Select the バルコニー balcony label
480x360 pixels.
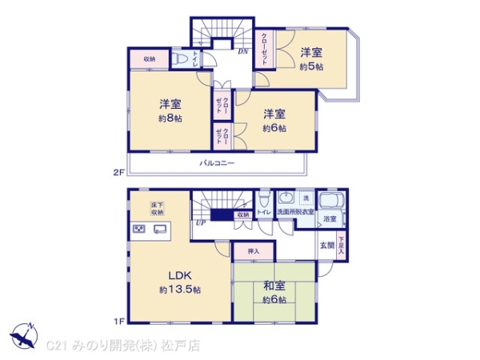tap(217, 163)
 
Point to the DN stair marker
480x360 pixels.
tap(242, 52)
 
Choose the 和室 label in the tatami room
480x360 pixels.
tap(274, 286)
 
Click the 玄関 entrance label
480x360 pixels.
tap(328, 244)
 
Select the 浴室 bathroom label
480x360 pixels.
tap(330, 218)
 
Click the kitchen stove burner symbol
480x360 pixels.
tap(138, 230)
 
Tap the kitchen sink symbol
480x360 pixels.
tap(158, 230)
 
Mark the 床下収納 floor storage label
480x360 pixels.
tap(157, 209)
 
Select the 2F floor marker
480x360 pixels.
tap(118, 170)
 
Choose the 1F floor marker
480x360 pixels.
tap(118, 322)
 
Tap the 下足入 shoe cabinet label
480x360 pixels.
tap(342, 244)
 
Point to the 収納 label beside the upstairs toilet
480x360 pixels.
tap(150, 59)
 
